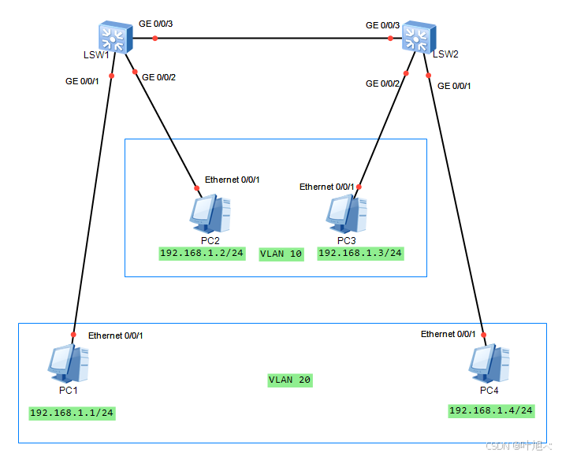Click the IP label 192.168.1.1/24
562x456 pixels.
click(x=72, y=413)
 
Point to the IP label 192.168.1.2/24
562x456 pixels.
click(x=202, y=254)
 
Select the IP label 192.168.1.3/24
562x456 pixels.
click(x=360, y=254)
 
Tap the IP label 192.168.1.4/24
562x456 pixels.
click(x=491, y=410)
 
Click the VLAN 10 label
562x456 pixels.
click(x=281, y=254)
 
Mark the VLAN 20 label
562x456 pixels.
click(x=290, y=380)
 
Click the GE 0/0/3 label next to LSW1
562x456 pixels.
click(x=155, y=24)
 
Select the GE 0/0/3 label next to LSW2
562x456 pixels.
click(x=382, y=25)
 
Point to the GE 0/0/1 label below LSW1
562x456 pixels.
click(x=83, y=80)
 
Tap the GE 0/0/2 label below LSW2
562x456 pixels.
click(x=384, y=83)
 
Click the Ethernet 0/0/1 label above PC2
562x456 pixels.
click(x=232, y=180)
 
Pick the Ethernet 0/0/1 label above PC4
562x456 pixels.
click(x=448, y=334)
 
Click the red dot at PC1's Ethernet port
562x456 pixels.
click(x=73, y=335)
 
